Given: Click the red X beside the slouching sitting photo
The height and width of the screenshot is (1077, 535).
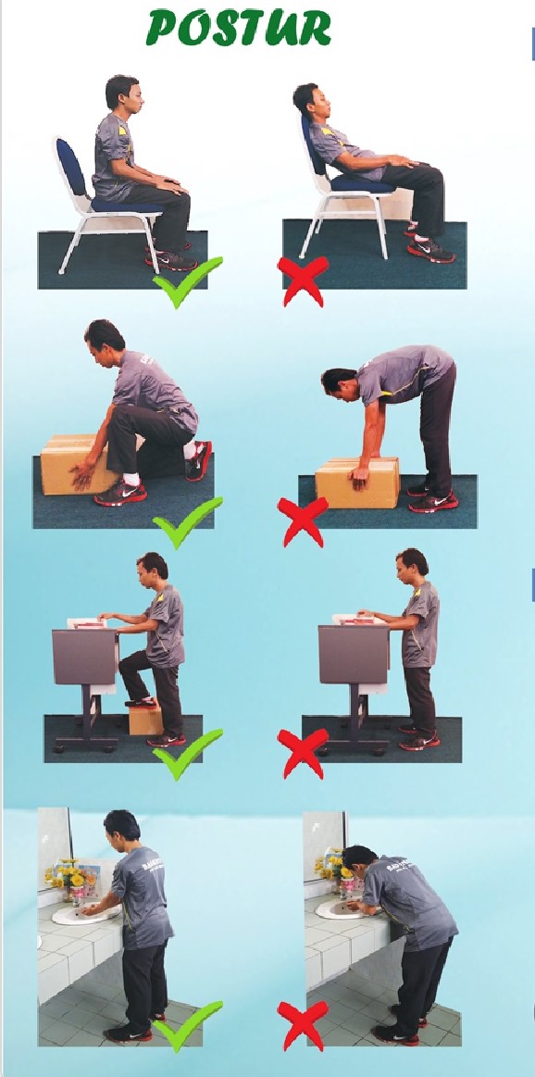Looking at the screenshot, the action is click(x=303, y=281).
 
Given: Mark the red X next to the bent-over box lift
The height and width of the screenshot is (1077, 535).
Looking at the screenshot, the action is click(x=303, y=521).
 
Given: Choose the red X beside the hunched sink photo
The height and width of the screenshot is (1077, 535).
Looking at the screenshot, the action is click(x=303, y=1025).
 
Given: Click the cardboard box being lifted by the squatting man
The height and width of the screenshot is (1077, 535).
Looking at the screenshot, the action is click(x=76, y=465).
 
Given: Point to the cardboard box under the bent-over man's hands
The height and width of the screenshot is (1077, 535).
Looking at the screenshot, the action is click(x=357, y=482).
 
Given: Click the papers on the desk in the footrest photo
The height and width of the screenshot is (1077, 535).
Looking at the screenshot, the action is click(x=87, y=622).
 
